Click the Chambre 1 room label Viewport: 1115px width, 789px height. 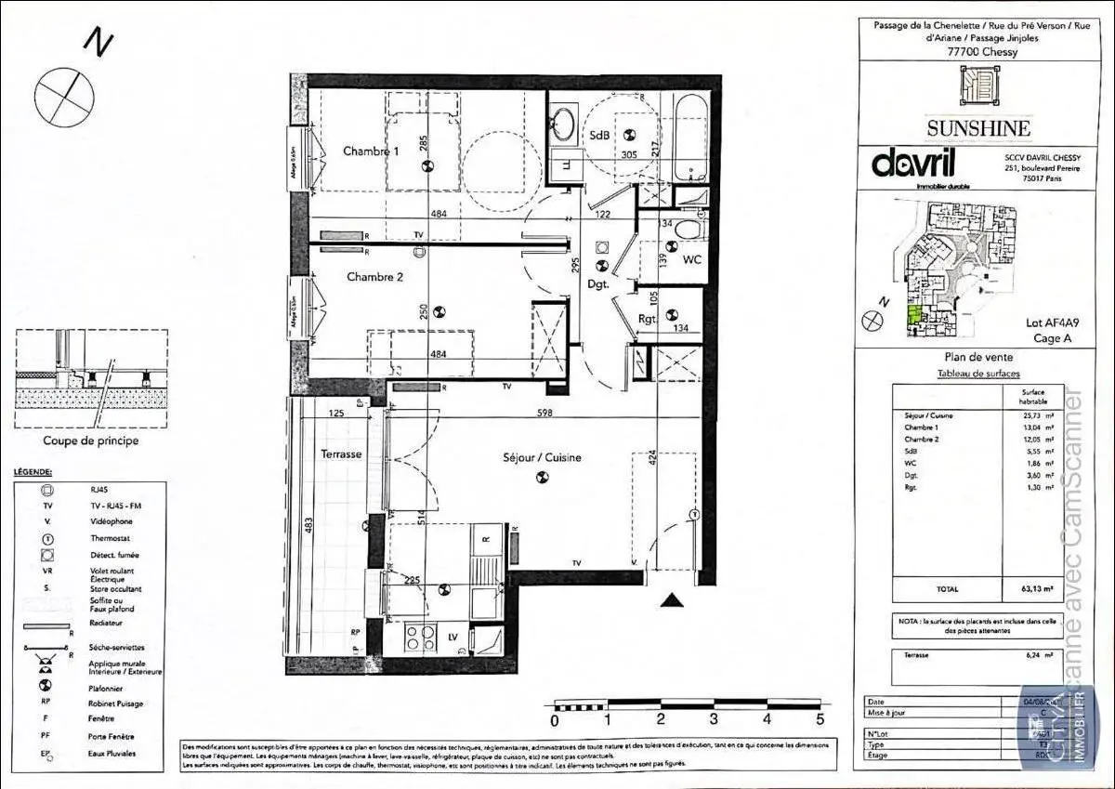tap(371, 151)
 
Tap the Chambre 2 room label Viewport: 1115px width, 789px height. tap(374, 276)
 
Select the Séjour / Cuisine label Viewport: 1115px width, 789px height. tap(543, 457)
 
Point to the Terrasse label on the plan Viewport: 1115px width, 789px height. tap(341, 454)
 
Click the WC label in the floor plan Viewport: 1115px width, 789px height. tap(691, 260)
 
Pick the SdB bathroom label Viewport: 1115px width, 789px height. tap(599, 136)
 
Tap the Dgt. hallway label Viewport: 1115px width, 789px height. tap(597, 284)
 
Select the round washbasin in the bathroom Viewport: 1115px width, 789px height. tap(562, 124)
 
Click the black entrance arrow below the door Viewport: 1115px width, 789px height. tap(672, 600)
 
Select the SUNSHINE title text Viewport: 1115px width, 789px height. tap(977, 128)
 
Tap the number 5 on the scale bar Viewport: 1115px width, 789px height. tap(820, 718)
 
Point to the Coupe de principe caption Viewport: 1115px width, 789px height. tap(91, 441)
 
